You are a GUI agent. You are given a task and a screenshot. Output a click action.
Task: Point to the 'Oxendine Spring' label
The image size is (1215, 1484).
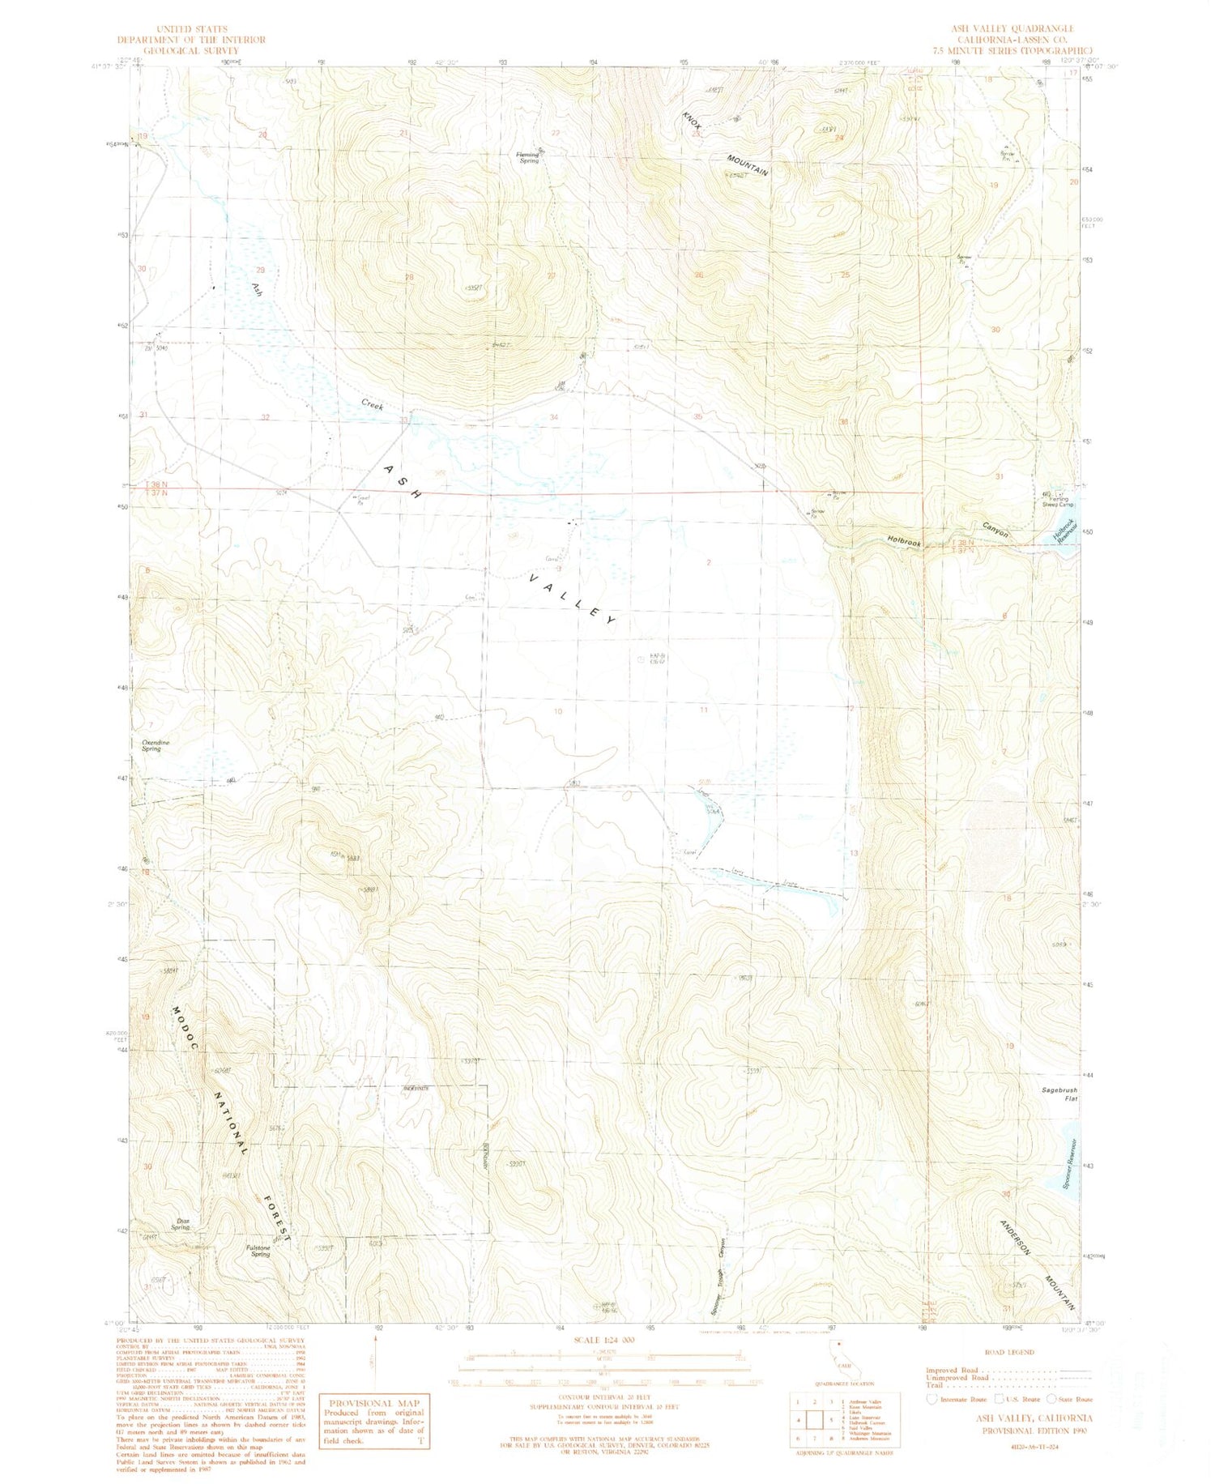click(151, 745)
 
